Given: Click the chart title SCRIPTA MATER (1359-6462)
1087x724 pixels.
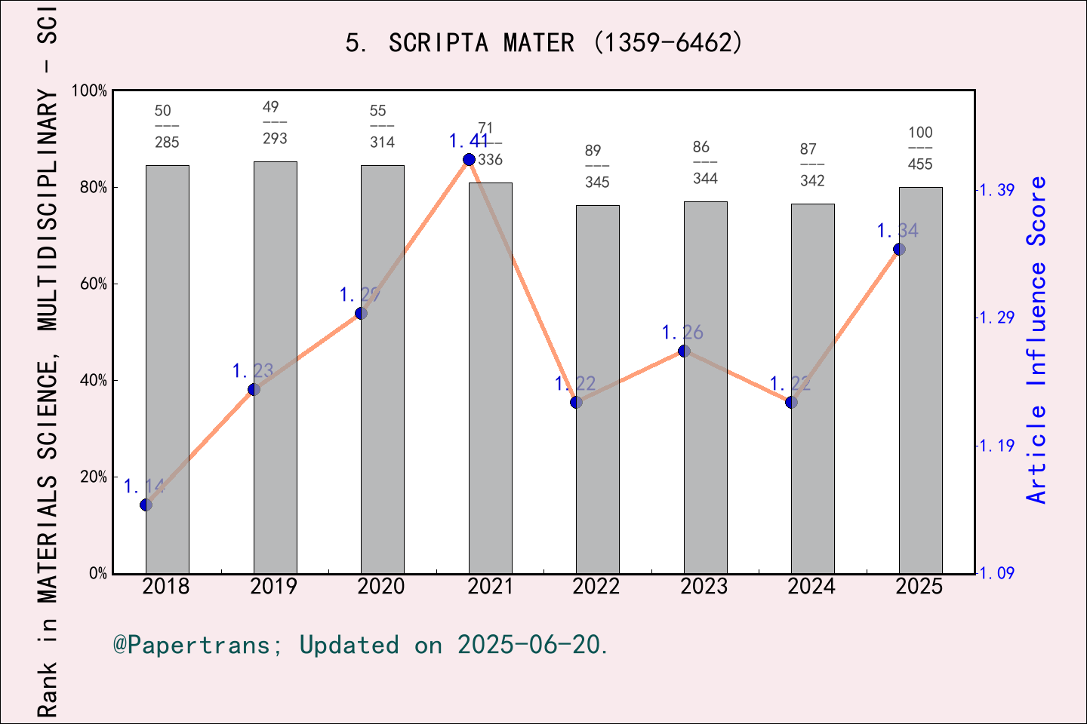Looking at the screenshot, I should [x=543, y=43].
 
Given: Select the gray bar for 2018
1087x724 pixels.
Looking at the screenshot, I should [x=168, y=370].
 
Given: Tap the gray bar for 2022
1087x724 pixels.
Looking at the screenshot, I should [x=598, y=389].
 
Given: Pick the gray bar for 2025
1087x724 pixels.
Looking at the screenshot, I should [x=920, y=380].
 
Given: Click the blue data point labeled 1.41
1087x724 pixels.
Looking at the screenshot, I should [x=469, y=159].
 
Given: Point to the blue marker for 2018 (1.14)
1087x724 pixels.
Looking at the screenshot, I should [x=146, y=505].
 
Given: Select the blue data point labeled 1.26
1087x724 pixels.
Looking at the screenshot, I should [x=684, y=351].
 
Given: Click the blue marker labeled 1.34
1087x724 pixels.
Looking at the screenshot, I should [x=899, y=249].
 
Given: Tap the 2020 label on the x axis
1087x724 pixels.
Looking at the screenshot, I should [x=381, y=587].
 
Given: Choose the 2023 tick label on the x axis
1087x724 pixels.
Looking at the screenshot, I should [x=704, y=587].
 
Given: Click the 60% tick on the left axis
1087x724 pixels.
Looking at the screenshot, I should [x=94, y=284].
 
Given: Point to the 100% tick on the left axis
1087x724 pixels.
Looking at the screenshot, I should [x=90, y=91].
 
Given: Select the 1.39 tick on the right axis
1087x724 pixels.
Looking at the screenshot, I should [x=996, y=190].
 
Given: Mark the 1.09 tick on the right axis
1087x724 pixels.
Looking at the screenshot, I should [x=996, y=573].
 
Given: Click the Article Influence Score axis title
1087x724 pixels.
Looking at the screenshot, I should [x=1037, y=339].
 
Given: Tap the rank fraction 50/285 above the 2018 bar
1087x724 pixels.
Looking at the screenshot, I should [x=167, y=127].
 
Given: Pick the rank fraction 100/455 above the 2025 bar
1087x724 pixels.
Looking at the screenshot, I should [x=920, y=148].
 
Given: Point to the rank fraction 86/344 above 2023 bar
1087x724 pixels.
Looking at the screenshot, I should [x=705, y=162].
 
